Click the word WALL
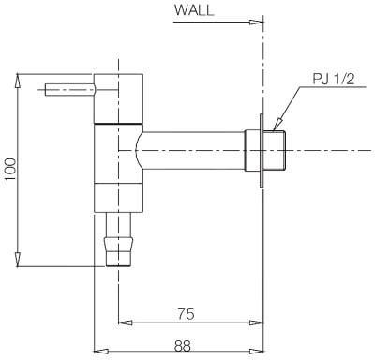pos(195,10)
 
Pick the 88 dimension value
pos(182,345)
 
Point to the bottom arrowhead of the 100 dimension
pos(18,262)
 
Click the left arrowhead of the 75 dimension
pos(123,323)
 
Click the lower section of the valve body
pos(118,178)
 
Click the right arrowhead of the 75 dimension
pos(257,323)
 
